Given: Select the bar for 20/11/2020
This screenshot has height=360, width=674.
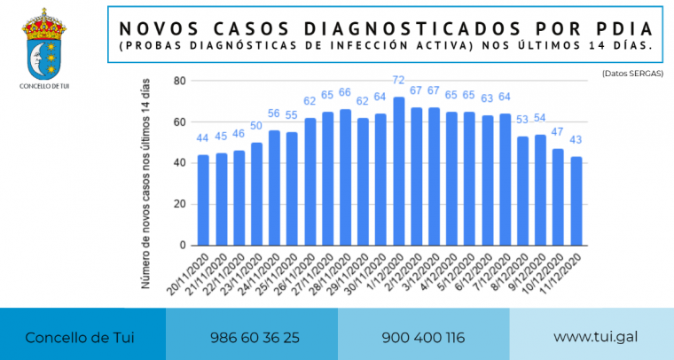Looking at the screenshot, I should point(203,200).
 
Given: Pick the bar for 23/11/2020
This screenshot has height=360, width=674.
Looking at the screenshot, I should point(256,194).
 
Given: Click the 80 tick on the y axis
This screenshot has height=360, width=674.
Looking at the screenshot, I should point(179,82).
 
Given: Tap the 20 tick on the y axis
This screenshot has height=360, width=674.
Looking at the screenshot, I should point(179,204).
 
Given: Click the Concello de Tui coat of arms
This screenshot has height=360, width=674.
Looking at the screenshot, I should point(43,43).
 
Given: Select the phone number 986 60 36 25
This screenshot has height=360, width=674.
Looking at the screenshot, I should point(255,338).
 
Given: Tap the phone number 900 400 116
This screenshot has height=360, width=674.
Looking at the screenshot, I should point(423,338).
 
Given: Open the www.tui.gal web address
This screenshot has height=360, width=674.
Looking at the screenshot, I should point(595,338).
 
